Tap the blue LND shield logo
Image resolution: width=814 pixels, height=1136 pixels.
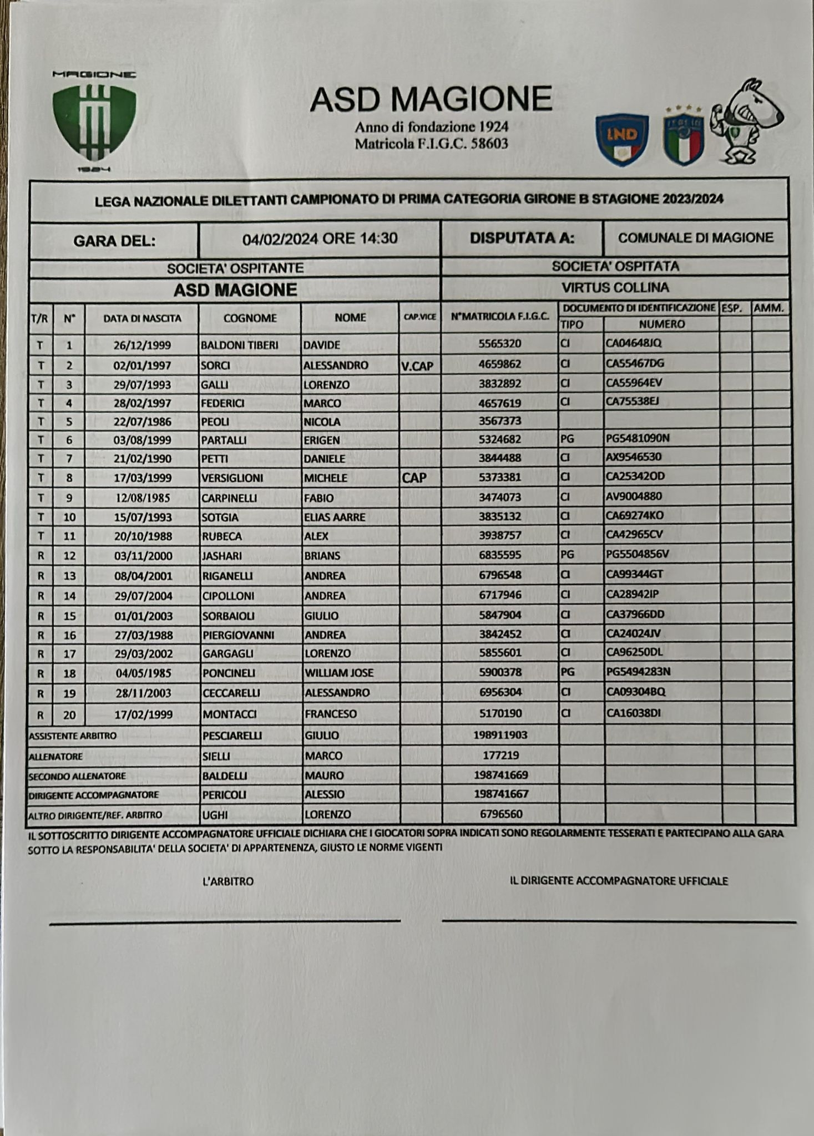click(x=621, y=139)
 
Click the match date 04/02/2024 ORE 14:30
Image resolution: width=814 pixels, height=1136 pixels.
click(x=320, y=239)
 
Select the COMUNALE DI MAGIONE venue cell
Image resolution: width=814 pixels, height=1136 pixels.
click(x=695, y=238)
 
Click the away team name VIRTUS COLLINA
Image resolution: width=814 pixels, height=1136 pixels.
click(x=615, y=288)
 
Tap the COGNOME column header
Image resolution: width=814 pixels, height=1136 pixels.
click(x=250, y=318)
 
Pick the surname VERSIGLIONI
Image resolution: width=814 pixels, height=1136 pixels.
click(x=232, y=478)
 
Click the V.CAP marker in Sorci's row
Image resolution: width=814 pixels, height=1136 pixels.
click(x=417, y=366)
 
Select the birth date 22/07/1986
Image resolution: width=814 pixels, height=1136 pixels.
click(x=143, y=422)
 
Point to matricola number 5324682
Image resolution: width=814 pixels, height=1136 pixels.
click(x=500, y=440)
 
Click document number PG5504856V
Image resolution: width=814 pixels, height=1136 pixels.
click(x=637, y=554)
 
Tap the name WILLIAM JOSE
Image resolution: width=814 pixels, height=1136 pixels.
click(x=338, y=673)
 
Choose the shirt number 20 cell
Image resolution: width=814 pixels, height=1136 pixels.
click(x=69, y=715)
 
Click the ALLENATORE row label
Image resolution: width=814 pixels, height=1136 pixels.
click(x=55, y=757)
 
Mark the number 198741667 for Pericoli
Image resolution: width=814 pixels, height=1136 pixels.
click(x=500, y=794)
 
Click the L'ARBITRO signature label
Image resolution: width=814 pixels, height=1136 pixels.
click(x=228, y=881)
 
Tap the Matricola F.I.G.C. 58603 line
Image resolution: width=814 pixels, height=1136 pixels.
click(x=431, y=144)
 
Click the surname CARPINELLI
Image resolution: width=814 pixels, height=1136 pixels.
click(x=229, y=498)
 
